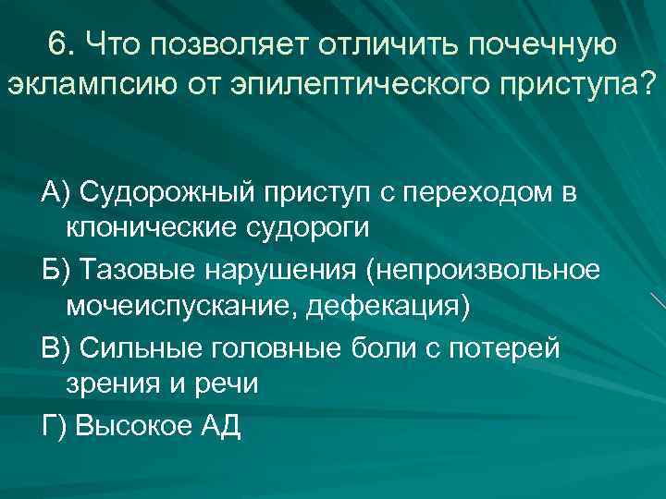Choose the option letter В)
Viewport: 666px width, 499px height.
(55, 348)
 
